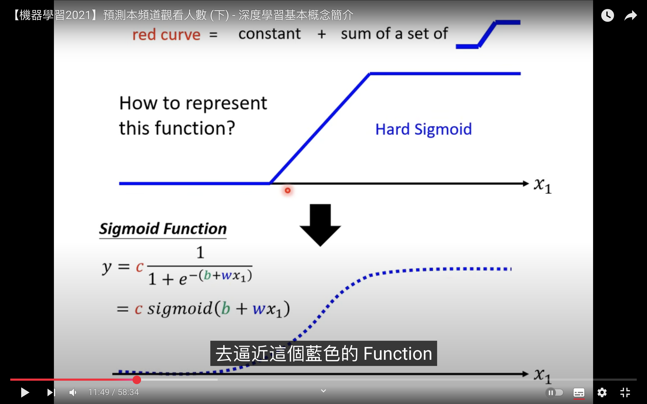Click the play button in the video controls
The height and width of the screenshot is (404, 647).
(25, 392)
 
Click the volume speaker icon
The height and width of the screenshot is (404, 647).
(73, 392)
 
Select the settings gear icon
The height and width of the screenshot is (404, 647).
(602, 392)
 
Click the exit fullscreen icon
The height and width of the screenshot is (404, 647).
(625, 392)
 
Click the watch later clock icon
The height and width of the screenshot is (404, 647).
(607, 15)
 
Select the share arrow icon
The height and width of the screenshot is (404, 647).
(631, 15)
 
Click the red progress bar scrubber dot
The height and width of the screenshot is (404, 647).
(137, 380)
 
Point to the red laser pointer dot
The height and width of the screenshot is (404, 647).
(288, 190)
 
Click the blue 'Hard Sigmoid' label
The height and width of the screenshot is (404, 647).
(423, 130)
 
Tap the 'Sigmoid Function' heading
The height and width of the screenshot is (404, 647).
(163, 229)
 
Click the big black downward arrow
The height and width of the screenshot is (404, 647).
(320, 225)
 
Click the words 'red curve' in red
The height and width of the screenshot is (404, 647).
(166, 35)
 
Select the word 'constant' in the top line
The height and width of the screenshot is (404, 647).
(270, 34)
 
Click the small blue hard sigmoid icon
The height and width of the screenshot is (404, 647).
(488, 34)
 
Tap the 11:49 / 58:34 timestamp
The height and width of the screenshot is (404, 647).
(114, 392)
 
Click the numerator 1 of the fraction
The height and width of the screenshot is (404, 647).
(200, 252)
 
